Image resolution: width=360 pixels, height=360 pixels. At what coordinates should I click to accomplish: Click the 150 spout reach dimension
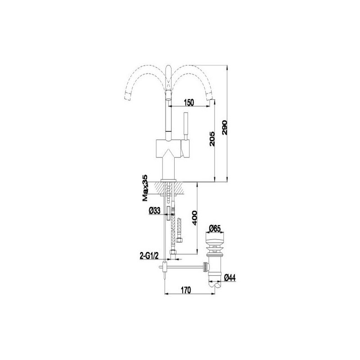[189, 103]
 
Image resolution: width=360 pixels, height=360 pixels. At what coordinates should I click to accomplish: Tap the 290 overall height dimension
[224, 128]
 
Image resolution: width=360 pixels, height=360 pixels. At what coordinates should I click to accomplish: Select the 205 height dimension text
[212, 139]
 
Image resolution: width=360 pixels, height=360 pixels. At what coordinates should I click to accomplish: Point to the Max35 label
[145, 188]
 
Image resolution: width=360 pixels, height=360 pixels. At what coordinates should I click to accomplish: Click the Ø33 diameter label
[154, 211]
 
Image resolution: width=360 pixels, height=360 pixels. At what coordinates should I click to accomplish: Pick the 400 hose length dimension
[194, 218]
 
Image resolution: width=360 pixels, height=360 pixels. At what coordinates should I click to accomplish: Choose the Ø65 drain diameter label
[215, 229]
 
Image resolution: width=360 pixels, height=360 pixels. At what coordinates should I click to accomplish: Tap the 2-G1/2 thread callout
[149, 256]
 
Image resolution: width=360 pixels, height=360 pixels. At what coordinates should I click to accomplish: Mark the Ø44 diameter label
[230, 278]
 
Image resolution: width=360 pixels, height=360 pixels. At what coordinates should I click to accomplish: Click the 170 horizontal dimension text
[186, 290]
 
